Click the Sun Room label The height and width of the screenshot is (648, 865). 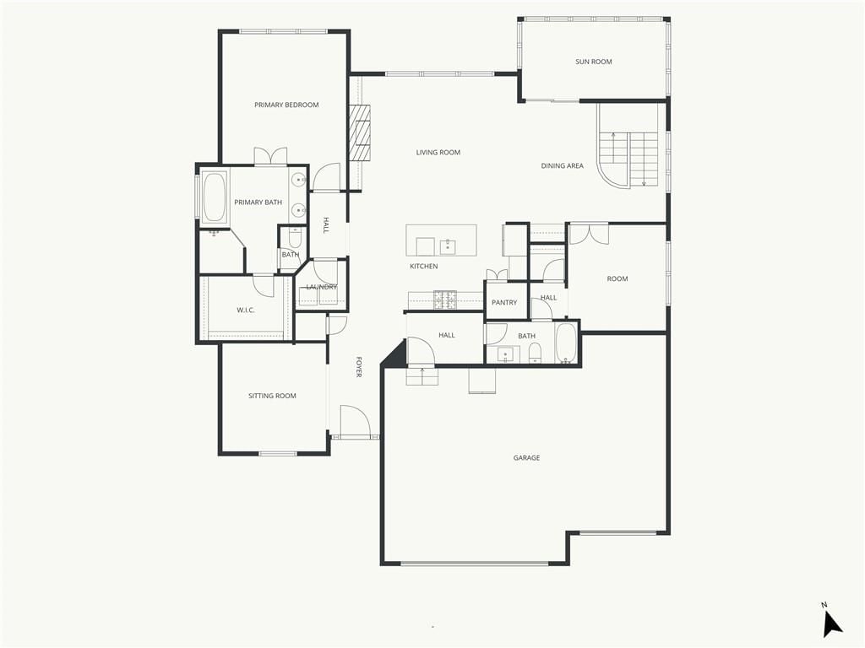[x=594, y=62]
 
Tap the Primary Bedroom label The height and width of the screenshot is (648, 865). [x=286, y=105]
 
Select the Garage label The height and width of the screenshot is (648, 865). [x=526, y=457]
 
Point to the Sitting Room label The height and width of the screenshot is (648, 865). [x=272, y=396]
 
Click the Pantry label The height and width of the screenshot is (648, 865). [x=504, y=303]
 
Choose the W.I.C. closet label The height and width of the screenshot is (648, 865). [x=246, y=310]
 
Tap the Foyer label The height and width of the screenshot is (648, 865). [x=358, y=367]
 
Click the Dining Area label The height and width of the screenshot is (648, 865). [x=562, y=165]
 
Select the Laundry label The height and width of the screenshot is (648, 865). [x=322, y=287]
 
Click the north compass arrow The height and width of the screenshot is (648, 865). [x=832, y=624]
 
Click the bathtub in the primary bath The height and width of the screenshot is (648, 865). [x=214, y=197]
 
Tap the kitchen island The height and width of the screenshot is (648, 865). [x=441, y=240]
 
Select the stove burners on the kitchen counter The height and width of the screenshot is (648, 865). [x=444, y=300]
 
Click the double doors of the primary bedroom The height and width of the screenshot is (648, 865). [x=270, y=156]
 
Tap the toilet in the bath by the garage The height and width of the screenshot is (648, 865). [x=535, y=353]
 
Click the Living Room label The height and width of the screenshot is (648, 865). [x=438, y=153]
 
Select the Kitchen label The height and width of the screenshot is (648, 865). [x=424, y=266]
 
